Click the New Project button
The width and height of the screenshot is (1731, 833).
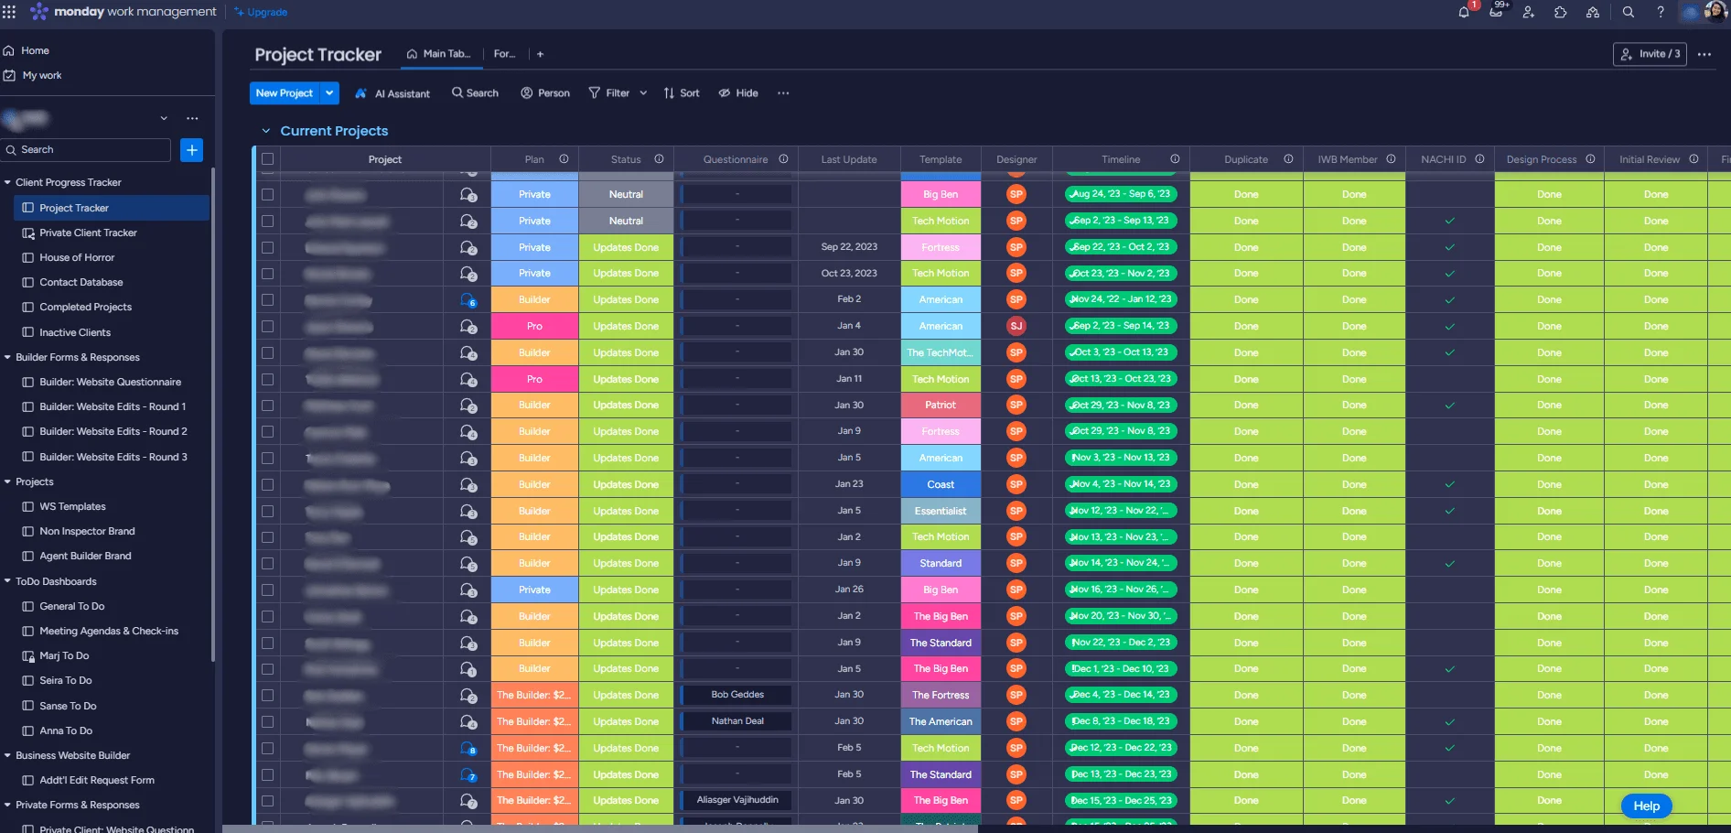pos(284,93)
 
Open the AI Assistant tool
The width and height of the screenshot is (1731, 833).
pos(392,93)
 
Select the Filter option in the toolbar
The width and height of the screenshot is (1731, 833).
pos(610,93)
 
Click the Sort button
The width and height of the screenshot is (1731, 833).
pos(682,93)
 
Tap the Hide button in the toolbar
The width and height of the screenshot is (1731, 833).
pos(738,93)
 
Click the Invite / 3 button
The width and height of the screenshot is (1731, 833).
pos(1650,54)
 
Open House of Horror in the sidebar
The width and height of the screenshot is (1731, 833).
pos(77,257)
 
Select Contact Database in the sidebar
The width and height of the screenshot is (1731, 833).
pos(81,282)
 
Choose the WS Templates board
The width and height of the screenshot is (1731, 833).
pos(72,506)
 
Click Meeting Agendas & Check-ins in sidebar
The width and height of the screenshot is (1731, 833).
pos(109,631)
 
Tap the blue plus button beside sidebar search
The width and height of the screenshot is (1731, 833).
pos(191,150)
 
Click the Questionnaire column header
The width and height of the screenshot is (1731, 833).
pos(736,159)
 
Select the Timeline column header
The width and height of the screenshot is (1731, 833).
pos(1121,159)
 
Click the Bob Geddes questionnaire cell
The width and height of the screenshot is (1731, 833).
pos(737,695)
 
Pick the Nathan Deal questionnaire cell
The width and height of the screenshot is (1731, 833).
pos(737,721)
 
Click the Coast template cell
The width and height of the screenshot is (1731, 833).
pos(941,484)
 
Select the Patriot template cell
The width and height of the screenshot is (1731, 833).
pos(941,405)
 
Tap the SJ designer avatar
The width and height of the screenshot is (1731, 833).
pos(1016,326)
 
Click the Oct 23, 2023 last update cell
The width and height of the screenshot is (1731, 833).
pos(849,273)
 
